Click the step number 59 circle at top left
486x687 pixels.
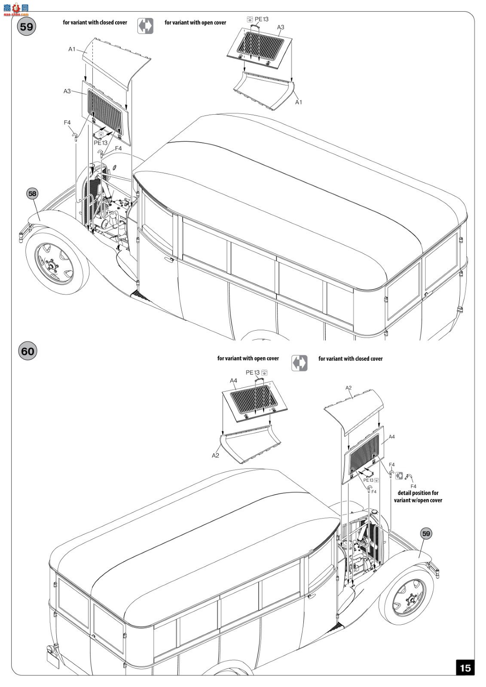[26, 27]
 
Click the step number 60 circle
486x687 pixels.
[27, 351]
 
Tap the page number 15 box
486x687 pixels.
[465, 668]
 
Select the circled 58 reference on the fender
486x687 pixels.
[32, 194]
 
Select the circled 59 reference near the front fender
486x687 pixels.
[425, 534]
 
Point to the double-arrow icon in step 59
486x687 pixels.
[145, 26]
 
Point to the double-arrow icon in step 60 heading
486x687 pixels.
[299, 362]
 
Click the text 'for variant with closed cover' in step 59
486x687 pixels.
[95, 22]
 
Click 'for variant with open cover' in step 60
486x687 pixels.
[248, 358]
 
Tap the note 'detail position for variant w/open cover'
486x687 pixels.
[418, 497]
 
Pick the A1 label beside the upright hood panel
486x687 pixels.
[72, 49]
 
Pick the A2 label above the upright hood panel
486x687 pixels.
[348, 388]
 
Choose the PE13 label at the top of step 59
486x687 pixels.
[261, 19]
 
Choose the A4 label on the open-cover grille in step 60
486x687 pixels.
[233, 380]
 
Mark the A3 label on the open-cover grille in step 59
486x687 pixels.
[281, 27]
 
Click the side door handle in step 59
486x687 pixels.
[171, 259]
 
